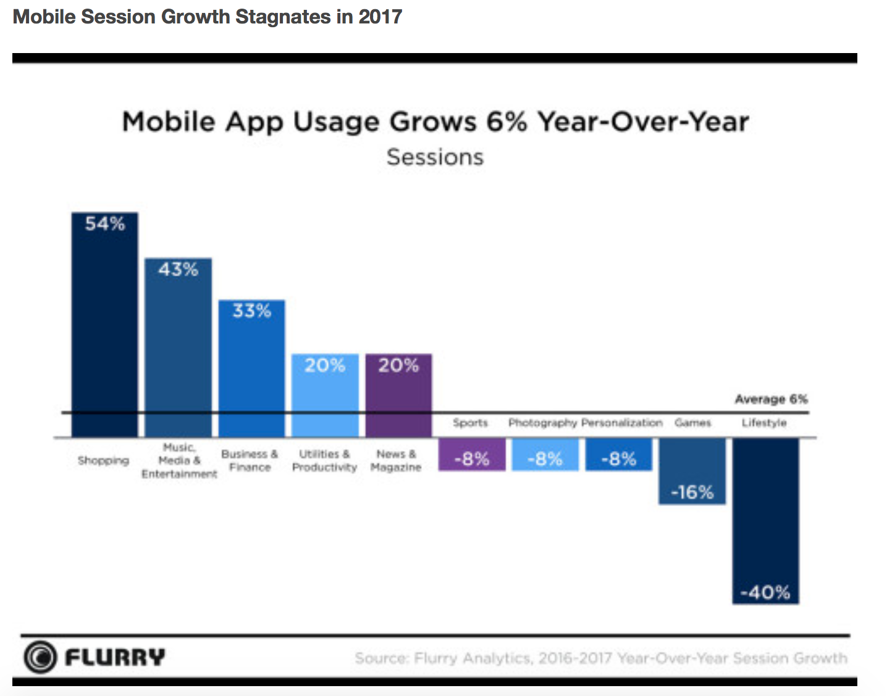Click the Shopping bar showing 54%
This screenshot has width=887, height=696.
(104, 324)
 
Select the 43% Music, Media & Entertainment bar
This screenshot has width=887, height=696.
(178, 347)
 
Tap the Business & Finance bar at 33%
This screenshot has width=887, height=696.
(251, 368)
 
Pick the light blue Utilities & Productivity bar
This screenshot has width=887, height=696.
(325, 395)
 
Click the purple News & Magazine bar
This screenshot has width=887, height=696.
(398, 395)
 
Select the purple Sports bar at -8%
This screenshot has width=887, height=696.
(472, 455)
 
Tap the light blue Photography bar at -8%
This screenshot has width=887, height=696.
(545, 455)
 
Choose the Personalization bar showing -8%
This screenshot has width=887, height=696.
(619, 455)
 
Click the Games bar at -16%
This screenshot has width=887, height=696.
(692, 471)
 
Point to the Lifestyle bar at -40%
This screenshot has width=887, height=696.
(765, 521)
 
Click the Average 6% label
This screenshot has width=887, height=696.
(771, 399)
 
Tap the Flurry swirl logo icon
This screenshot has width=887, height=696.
(40, 657)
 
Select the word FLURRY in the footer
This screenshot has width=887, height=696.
(115, 657)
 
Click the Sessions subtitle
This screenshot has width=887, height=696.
(435, 157)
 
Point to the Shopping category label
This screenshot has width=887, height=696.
(103, 460)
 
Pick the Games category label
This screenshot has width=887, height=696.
(692, 423)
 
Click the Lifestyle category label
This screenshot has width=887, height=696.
(764, 423)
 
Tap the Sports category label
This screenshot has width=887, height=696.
(470, 423)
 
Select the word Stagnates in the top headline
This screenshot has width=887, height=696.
(283, 17)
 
